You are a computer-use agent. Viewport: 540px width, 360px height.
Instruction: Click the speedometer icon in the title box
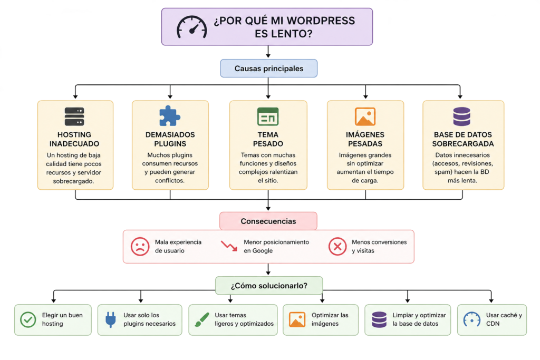(x=191, y=26)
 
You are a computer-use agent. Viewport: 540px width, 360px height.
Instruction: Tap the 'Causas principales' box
(x=268, y=69)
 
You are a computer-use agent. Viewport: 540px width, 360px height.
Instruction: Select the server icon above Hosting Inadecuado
(x=74, y=116)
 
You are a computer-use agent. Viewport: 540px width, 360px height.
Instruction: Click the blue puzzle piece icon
(x=169, y=116)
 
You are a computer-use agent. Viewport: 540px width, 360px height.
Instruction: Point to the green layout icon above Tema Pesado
(x=268, y=116)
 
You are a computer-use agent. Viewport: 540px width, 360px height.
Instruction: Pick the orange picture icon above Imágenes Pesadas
(x=365, y=116)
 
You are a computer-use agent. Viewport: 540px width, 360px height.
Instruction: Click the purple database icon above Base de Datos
(x=462, y=116)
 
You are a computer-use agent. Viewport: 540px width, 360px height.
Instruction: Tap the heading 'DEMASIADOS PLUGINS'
(x=170, y=139)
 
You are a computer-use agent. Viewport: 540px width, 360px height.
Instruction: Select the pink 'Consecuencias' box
(x=268, y=221)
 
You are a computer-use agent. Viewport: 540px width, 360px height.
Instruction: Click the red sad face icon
(x=140, y=246)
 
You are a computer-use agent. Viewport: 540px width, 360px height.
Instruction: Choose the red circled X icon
(x=337, y=246)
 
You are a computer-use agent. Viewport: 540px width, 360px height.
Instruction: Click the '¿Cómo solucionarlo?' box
(x=269, y=286)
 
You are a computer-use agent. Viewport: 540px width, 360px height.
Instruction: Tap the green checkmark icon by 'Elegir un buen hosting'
(x=27, y=319)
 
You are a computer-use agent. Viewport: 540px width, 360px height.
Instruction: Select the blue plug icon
(x=110, y=319)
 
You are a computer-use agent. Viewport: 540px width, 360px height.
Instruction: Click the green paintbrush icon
(x=201, y=319)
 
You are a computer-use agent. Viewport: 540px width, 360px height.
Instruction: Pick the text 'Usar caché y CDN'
(x=504, y=319)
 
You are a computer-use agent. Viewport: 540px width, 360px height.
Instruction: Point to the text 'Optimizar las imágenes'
(x=330, y=319)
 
